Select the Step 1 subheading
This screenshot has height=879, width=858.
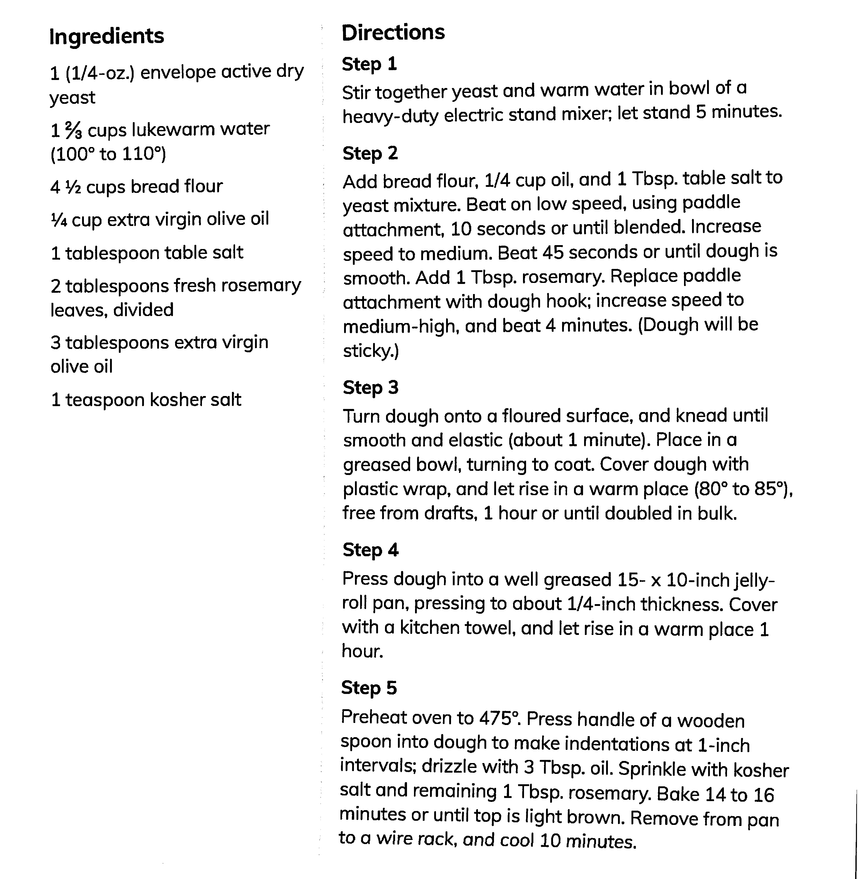369,64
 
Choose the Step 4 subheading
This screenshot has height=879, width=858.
370,550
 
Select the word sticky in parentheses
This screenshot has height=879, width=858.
368,350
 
